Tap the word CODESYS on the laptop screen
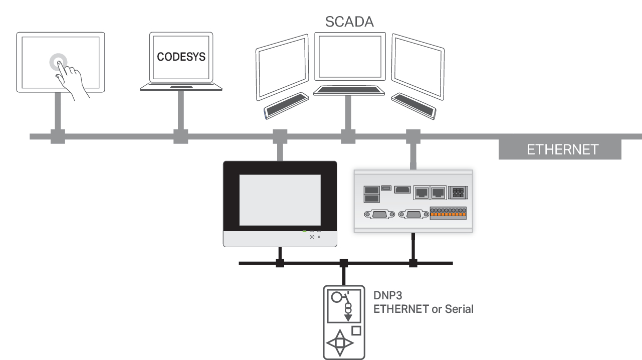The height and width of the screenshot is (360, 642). click(181, 57)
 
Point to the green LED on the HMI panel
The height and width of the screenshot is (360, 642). click(305, 232)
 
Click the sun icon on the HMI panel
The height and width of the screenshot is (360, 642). click(312, 236)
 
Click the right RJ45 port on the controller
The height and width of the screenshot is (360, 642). click(439, 192)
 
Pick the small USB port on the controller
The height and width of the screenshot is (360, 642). click(386, 188)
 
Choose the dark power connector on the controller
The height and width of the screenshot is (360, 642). click(458, 192)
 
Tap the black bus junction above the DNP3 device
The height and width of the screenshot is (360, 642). click(344, 263)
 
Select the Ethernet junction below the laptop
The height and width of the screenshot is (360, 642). click(180, 136)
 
